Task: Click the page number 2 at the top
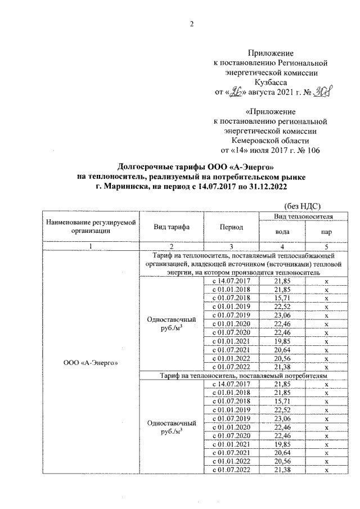click(x=191, y=24)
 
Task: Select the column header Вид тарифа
click(x=171, y=227)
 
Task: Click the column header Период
click(x=231, y=227)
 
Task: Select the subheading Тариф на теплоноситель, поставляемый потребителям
click(x=243, y=375)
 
